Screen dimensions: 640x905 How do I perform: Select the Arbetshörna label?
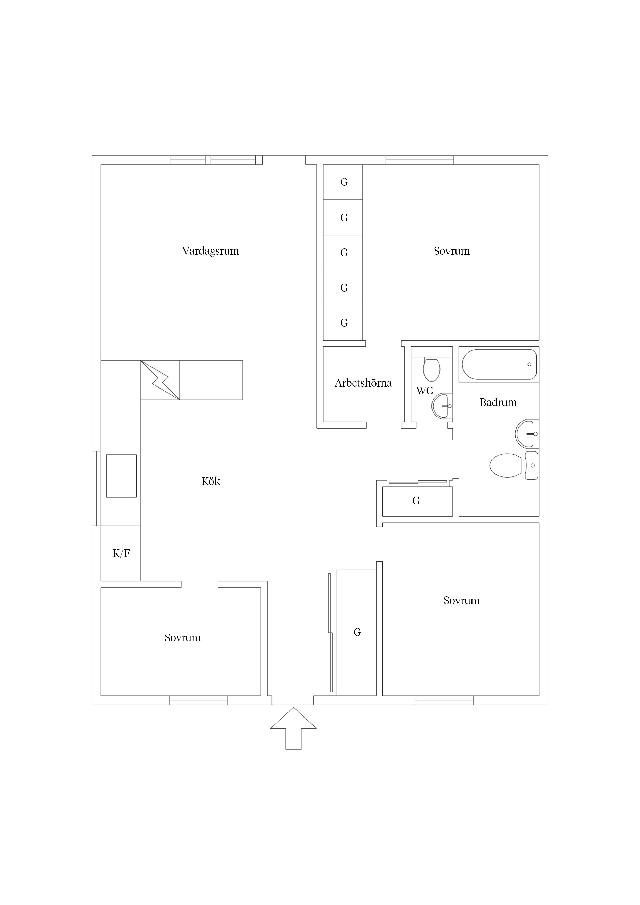[x=363, y=383]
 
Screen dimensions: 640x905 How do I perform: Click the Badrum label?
[x=498, y=402]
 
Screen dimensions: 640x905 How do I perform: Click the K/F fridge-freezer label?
[x=121, y=553]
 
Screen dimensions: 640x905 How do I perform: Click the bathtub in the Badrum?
[x=499, y=364]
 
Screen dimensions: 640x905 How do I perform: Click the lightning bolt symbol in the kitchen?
[x=160, y=380]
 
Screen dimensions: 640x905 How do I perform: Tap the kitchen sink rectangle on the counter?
[x=121, y=476]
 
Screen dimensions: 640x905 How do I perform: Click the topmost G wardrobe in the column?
[x=343, y=182]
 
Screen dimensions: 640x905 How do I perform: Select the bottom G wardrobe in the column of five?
[x=343, y=323]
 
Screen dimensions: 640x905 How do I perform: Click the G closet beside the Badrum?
[x=417, y=501]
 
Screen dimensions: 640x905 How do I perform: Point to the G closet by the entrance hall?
[x=356, y=633]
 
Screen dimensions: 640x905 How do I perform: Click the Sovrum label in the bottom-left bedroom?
[x=182, y=638]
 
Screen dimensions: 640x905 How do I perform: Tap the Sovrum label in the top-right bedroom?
[x=452, y=251]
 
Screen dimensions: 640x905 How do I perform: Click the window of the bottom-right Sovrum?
[x=444, y=700]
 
